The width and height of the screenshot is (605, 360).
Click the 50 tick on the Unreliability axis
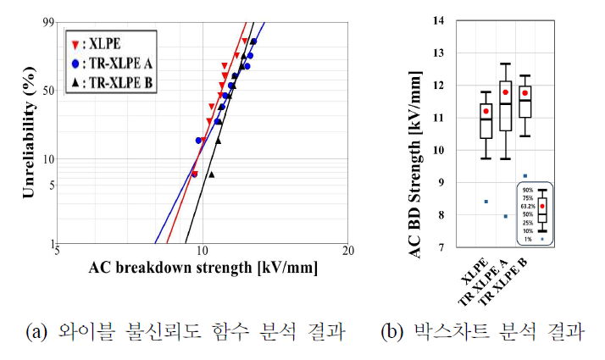click(47, 91)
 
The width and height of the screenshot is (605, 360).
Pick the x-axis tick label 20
click(347, 252)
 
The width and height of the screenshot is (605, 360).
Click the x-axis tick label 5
click(57, 252)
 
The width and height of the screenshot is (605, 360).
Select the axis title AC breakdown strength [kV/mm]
click(203, 269)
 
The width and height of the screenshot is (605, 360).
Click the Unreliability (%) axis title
click(28, 136)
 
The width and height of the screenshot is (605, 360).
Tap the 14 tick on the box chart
click(436, 19)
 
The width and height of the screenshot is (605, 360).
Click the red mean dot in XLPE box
click(486, 111)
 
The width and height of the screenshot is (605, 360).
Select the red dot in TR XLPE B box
click(525, 93)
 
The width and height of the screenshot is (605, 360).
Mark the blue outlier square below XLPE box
click(486, 202)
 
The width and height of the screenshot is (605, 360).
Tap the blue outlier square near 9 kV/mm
click(525, 175)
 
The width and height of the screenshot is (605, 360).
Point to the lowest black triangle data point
click(211, 174)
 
